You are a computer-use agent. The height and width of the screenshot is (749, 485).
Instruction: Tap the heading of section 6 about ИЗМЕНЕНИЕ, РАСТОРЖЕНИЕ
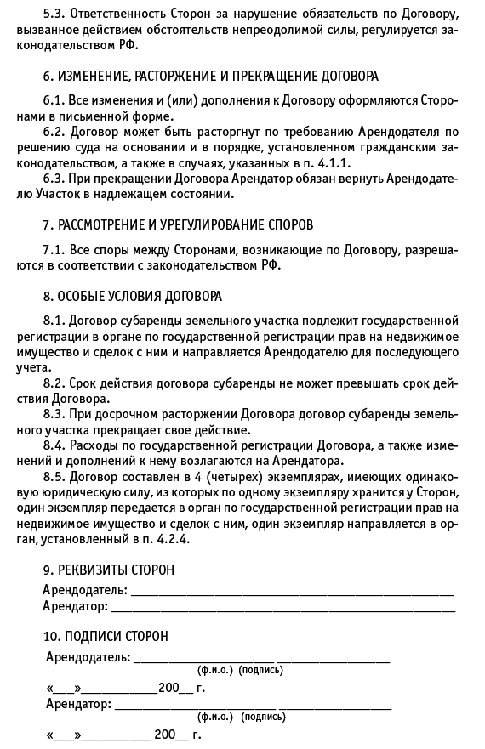(211, 77)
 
